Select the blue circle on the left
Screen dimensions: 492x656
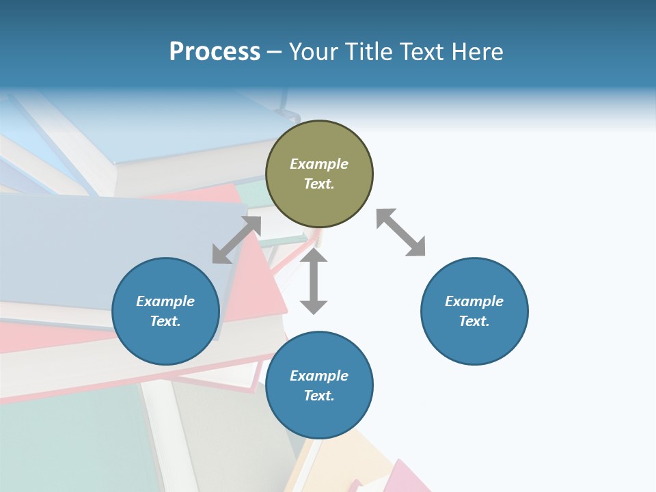165,311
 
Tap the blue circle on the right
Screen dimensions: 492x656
474,311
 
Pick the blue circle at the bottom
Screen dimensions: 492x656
319,385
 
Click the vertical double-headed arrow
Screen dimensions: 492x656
314,281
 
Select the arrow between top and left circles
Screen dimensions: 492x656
236,240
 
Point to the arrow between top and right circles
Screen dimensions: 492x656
400,232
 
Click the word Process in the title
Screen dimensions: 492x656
215,52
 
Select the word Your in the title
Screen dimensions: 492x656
314,52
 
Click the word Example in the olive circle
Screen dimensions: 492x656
319,164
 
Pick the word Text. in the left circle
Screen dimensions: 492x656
165,321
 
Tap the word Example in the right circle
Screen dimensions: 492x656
474,301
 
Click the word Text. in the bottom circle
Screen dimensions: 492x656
319,396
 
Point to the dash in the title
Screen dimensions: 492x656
275,52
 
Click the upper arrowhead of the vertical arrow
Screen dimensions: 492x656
314,256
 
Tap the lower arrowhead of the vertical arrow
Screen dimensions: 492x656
314,306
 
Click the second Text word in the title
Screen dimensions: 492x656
420,52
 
